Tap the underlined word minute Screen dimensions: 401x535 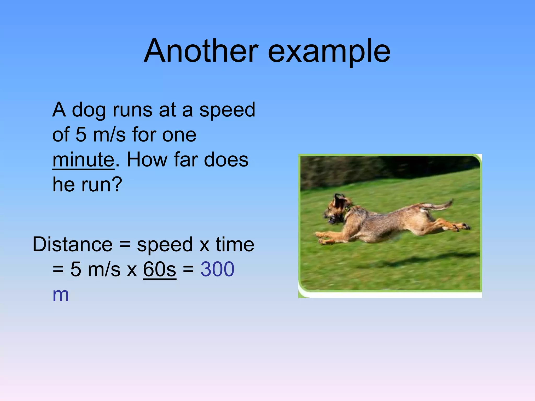pyautogui.click(x=83, y=160)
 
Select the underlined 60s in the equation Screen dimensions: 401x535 pyautogui.click(x=160, y=269)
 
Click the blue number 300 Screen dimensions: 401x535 pyautogui.click(x=217, y=269)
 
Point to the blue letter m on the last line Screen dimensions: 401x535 pyautogui.click(x=61, y=295)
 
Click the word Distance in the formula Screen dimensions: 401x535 pyautogui.click(x=73, y=245)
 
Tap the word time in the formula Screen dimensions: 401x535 pyautogui.click(x=235, y=245)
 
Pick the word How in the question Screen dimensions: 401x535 pyautogui.click(x=147, y=160)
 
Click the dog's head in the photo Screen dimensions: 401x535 pyautogui.click(x=337, y=210)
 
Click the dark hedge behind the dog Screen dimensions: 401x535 pyautogui.click(x=379, y=170)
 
